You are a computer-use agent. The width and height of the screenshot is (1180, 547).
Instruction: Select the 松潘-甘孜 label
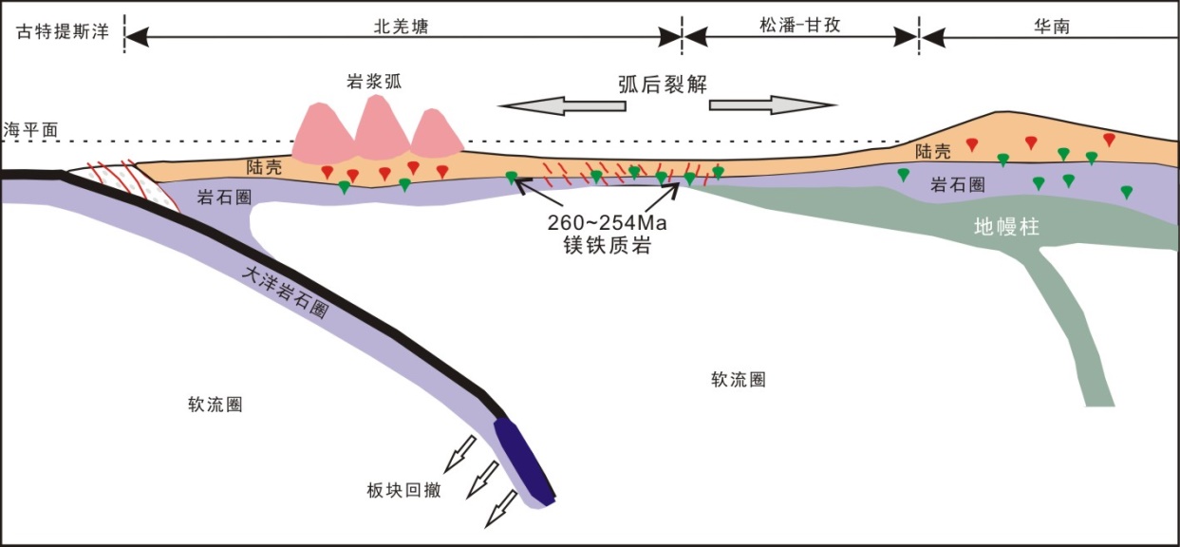point(801,27)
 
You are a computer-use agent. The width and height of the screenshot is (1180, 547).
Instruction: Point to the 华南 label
point(1054,27)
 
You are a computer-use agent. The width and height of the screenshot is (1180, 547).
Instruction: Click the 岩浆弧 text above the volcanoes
point(374,82)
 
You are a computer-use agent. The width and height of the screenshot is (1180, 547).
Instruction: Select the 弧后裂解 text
point(669,85)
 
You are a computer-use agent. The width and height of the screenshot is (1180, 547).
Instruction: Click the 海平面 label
point(26,129)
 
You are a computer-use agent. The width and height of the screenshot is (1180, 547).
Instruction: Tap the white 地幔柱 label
point(1008,228)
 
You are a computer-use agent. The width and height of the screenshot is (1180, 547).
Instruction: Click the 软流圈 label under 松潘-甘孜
point(738,380)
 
